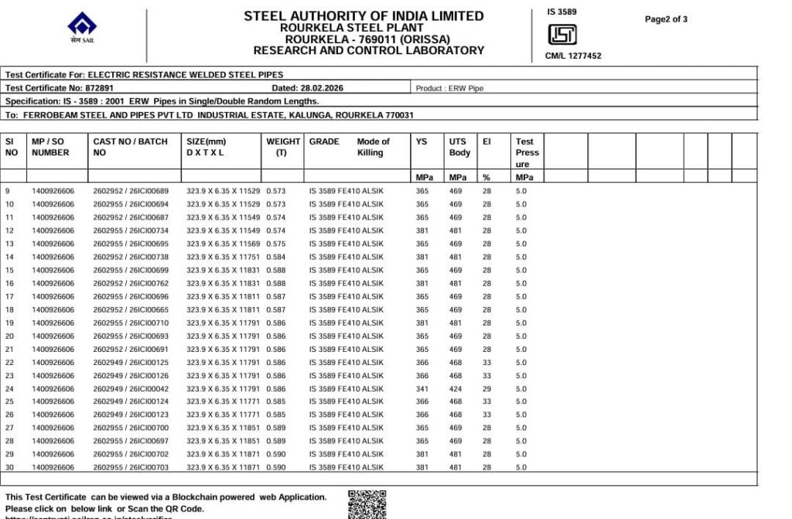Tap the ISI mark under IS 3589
point(562,35)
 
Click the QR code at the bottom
point(367,504)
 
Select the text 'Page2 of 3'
point(666,19)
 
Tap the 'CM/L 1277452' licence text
point(572,56)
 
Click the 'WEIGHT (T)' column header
point(283,147)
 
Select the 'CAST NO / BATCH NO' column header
point(130,147)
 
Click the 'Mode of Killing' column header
point(373,147)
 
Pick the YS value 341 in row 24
point(422,389)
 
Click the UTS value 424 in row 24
point(456,389)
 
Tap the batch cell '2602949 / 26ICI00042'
point(131,389)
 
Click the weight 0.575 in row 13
point(276,244)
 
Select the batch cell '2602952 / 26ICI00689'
point(131,191)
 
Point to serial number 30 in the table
point(10,468)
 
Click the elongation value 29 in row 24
point(486,389)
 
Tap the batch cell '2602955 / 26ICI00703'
point(131,468)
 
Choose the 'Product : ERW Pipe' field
point(449,88)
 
